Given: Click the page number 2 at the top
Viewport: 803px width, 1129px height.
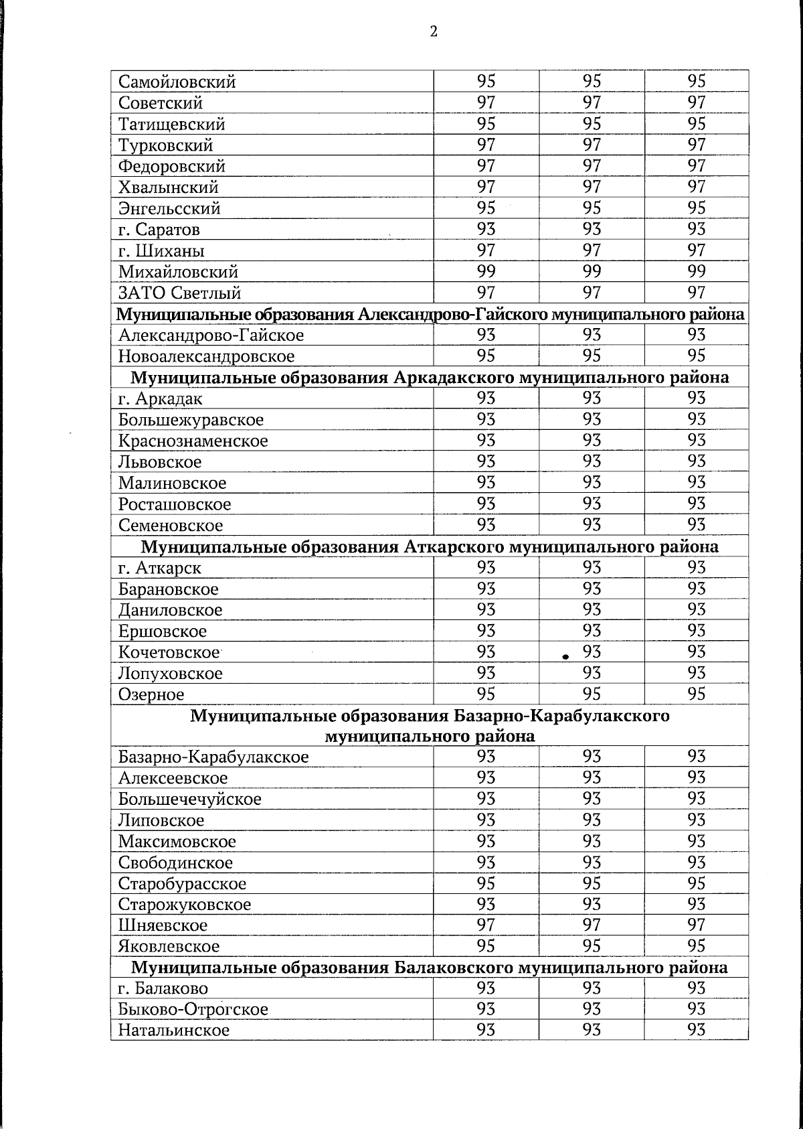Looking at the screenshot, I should pyautogui.click(x=434, y=31).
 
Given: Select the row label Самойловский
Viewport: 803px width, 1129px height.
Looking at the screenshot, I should pyautogui.click(x=177, y=82).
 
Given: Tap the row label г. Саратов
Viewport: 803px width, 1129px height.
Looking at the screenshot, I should pyautogui.click(x=159, y=230).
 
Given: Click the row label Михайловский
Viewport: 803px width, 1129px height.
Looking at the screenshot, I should pyautogui.click(x=178, y=273).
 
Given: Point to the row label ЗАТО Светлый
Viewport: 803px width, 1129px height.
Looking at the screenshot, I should pyautogui.click(x=179, y=293).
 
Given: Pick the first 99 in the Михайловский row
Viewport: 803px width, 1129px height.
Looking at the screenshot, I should pyautogui.click(x=486, y=271).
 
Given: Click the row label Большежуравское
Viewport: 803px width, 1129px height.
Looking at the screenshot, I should pyautogui.click(x=191, y=421).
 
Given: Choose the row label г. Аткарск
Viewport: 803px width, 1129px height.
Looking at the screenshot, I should pyautogui.click(x=159, y=569).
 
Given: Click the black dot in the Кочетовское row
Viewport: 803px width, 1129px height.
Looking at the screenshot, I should pyautogui.click(x=565, y=657).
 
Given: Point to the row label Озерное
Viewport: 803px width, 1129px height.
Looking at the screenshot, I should pyautogui.click(x=151, y=695).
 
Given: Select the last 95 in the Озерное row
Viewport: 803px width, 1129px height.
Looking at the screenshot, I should pyautogui.click(x=696, y=694).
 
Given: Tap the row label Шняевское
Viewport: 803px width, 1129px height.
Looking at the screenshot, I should pyautogui.click(x=163, y=926).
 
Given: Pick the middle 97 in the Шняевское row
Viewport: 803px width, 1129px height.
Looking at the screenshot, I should pyautogui.click(x=592, y=925).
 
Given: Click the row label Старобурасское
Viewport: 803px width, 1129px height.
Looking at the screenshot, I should pyautogui.click(x=182, y=884).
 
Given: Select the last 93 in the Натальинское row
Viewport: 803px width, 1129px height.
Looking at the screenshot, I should pyautogui.click(x=696, y=1030).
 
